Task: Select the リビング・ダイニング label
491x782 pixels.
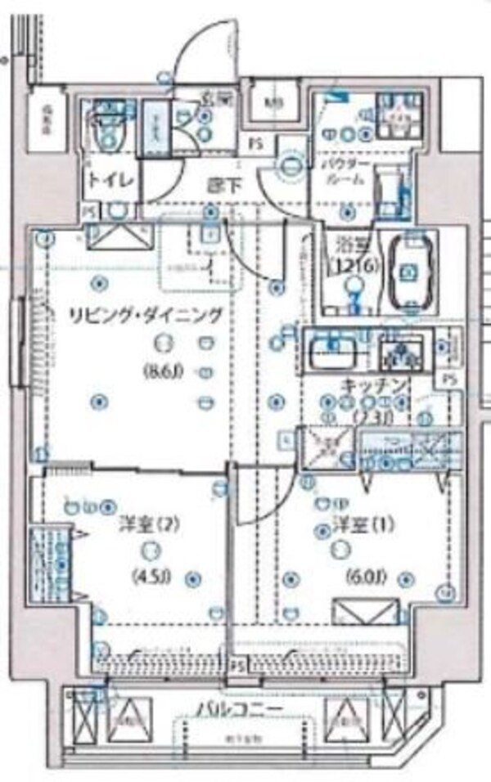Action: (146, 314)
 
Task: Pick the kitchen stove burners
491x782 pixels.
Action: (401, 353)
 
